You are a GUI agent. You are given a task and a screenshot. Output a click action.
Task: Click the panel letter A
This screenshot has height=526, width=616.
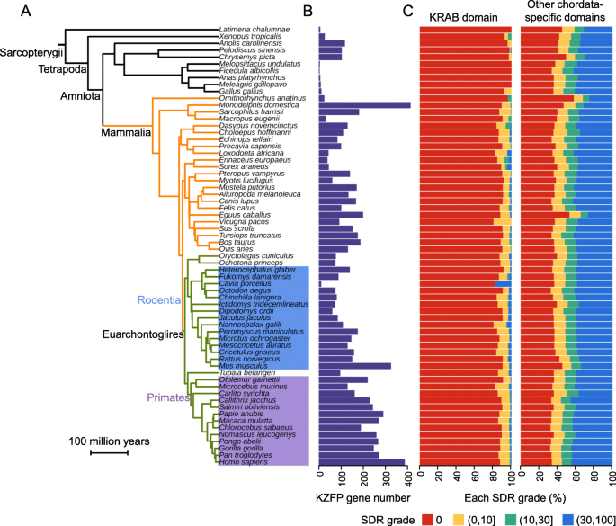coord(12,12)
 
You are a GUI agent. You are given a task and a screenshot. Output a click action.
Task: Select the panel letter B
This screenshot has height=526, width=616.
coord(307,12)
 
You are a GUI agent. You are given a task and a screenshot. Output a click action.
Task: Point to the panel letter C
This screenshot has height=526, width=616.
coord(408,12)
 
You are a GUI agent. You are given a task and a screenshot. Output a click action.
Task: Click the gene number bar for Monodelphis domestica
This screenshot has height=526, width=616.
coord(365,105)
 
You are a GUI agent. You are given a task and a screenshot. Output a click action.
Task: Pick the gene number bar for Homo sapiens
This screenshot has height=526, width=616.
coord(362,462)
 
